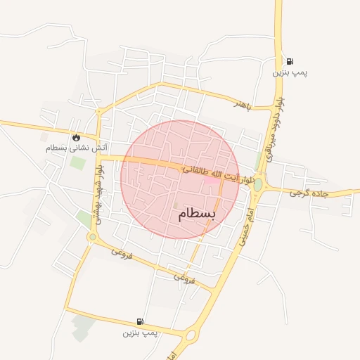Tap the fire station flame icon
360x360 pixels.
tap(76, 137)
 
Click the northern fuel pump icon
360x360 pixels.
tap(290, 61)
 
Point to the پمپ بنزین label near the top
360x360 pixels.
tap(290, 72)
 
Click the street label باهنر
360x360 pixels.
tap(243, 103)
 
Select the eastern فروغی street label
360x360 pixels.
tap(184, 277)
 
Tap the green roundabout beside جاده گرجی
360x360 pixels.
tap(258, 184)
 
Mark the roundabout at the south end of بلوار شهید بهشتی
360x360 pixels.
tap(92, 237)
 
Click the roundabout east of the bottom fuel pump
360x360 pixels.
tap(190, 335)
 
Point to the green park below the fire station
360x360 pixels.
tap(77, 163)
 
